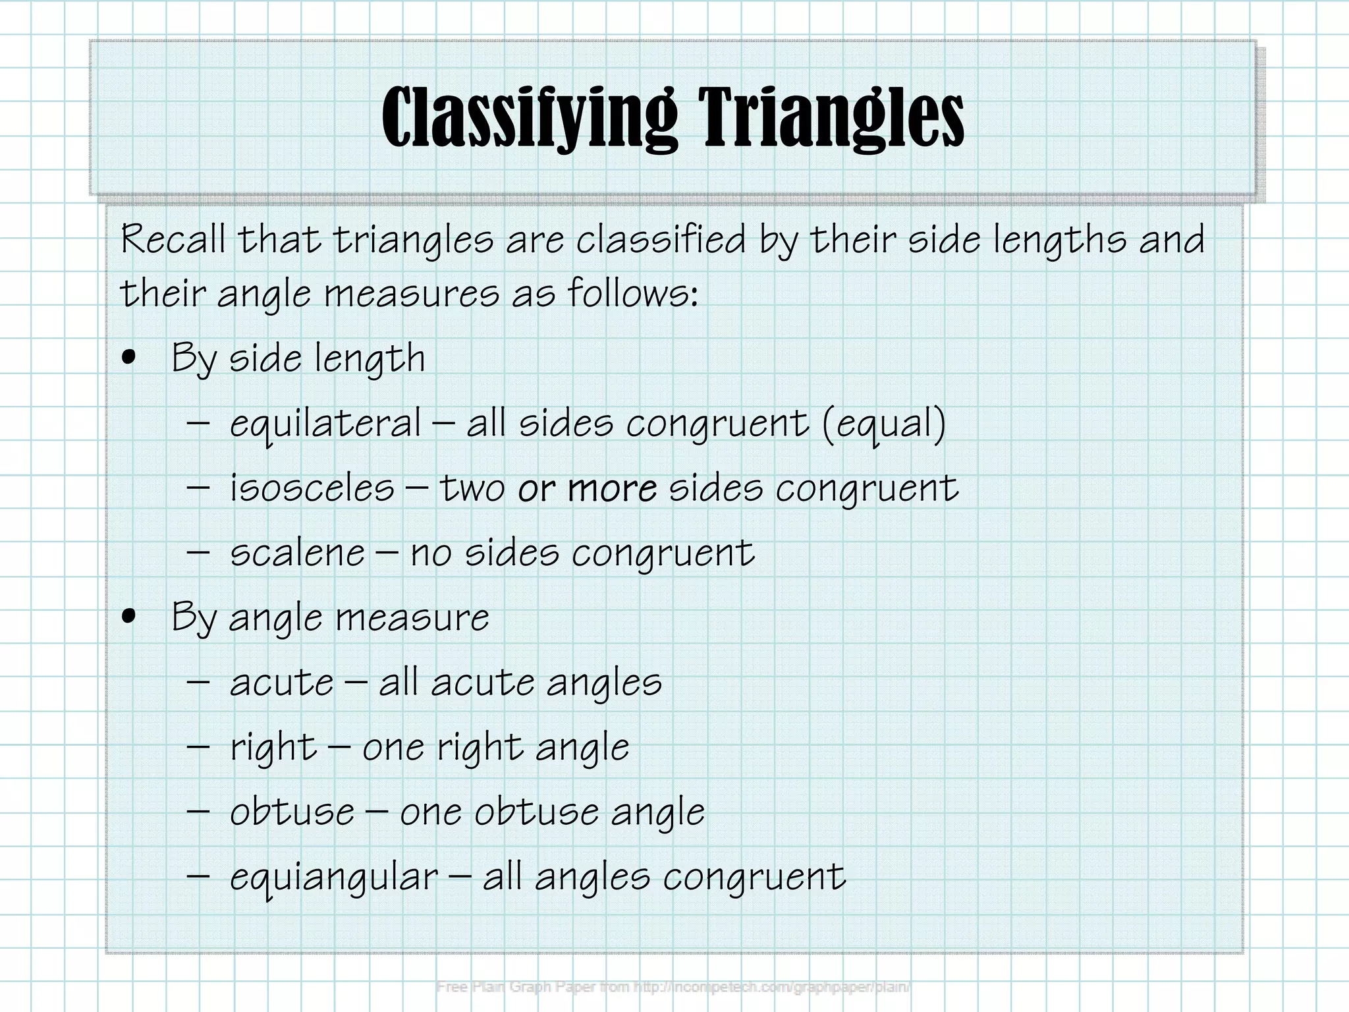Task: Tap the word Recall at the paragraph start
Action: tap(173, 239)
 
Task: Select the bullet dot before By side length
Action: tap(129, 358)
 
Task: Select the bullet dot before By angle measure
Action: tap(129, 617)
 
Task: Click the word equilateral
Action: tap(325, 424)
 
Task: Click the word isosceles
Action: tap(312, 488)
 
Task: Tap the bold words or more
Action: tap(587, 488)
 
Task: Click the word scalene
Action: tap(297, 553)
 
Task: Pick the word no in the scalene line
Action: tap(431, 553)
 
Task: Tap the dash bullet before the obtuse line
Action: tap(198, 812)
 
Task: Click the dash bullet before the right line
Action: tap(198, 747)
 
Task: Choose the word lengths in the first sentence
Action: tap(1059, 240)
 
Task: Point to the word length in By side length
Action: tap(370, 359)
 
